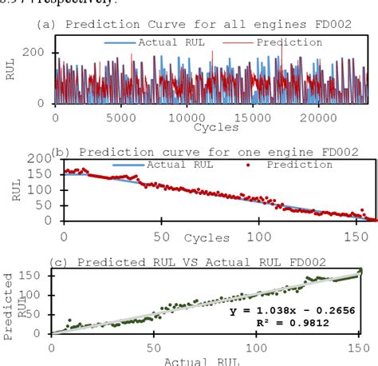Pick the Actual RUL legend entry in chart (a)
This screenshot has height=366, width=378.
(x=152, y=42)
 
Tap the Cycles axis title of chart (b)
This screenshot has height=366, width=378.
(x=207, y=237)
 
